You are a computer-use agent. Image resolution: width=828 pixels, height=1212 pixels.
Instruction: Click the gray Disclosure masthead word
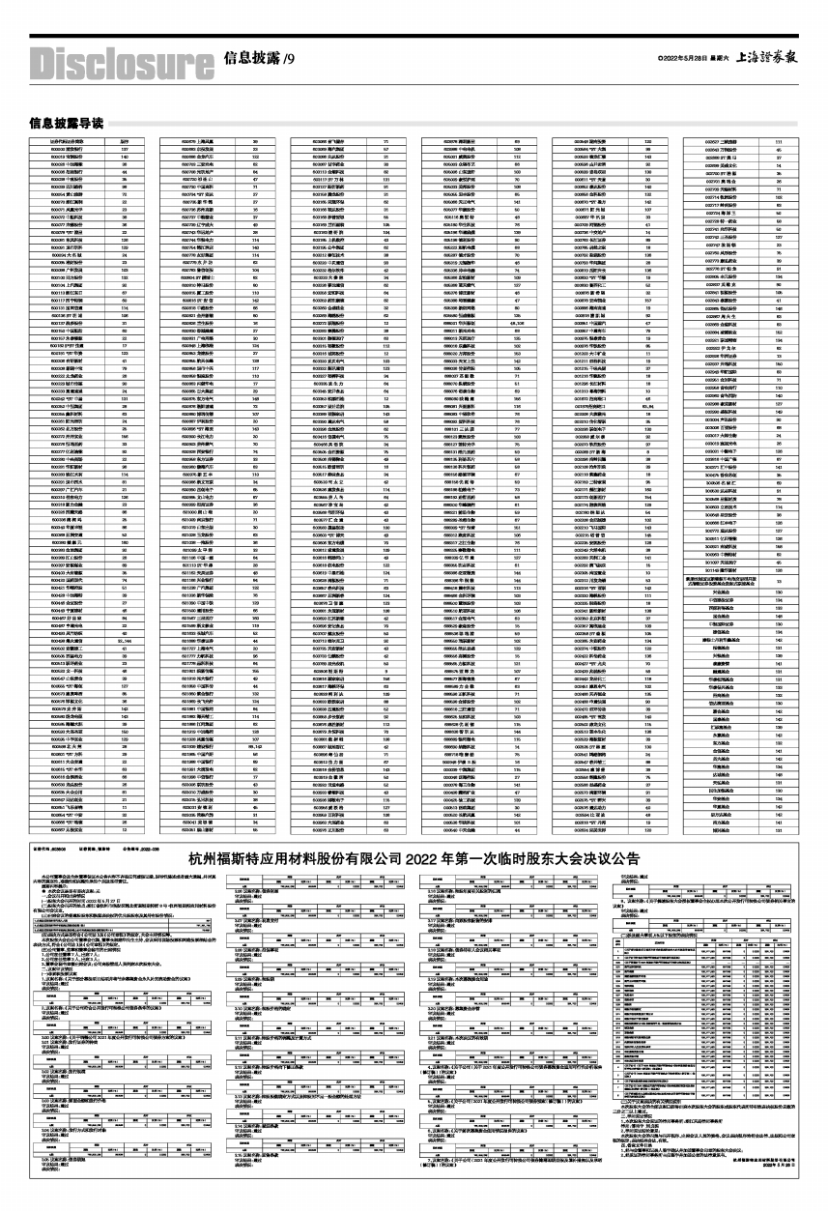click(x=121, y=63)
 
